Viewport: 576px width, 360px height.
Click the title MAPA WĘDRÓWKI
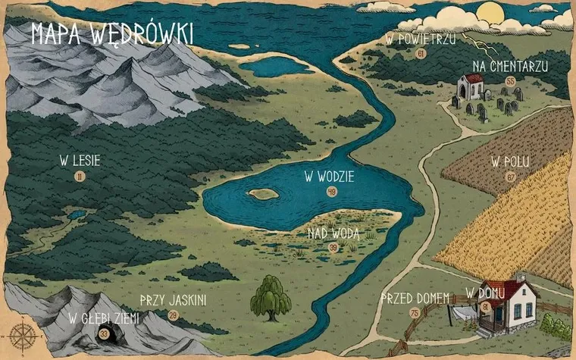[111, 34]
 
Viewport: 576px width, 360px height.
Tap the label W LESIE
[80, 161]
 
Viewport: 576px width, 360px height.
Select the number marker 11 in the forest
[80, 177]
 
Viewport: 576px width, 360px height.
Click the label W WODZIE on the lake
[330, 177]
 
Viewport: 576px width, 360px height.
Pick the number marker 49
[331, 192]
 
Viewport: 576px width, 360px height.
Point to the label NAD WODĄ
[333, 233]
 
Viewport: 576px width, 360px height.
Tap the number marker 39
[333, 248]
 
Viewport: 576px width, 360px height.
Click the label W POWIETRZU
[421, 39]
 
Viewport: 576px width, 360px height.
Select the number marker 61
[421, 54]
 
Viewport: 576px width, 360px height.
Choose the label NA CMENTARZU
[509, 66]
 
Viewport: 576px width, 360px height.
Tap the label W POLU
[510, 161]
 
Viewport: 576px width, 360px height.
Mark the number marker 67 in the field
[510, 177]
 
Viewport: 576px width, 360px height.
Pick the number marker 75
[415, 312]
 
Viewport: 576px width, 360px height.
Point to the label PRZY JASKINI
[173, 300]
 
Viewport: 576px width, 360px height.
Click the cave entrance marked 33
[104, 334]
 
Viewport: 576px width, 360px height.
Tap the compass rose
[20, 333]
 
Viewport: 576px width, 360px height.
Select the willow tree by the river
[271, 296]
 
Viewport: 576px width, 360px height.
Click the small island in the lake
[264, 193]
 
